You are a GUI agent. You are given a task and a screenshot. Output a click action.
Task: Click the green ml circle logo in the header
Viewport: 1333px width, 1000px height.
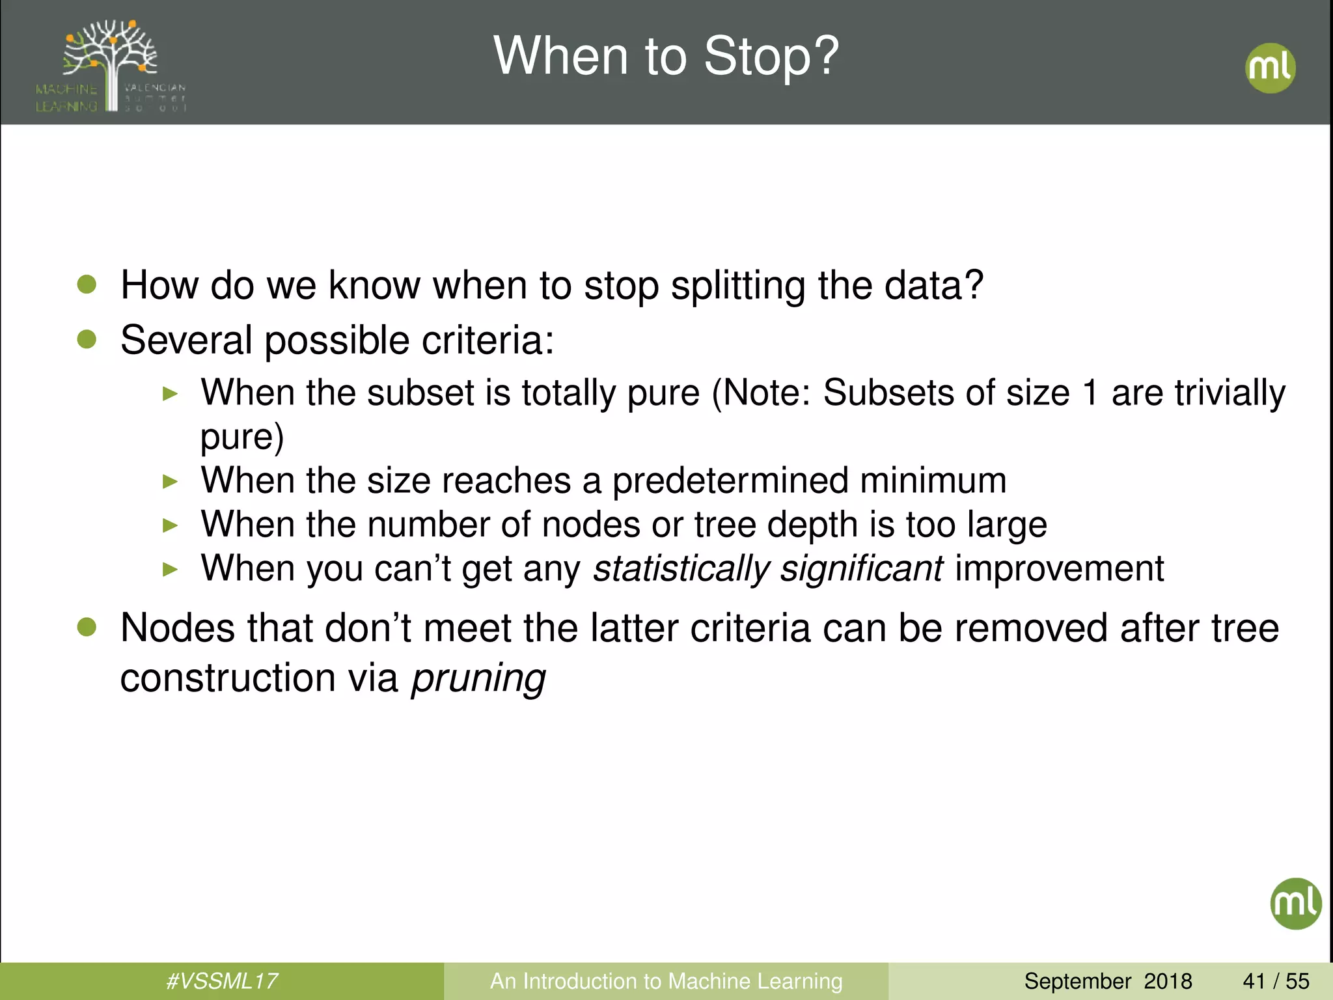point(1270,68)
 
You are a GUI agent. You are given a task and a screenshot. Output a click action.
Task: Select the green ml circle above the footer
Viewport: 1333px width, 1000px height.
point(1295,903)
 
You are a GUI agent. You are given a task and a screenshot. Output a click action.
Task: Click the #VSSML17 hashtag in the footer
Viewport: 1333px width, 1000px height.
point(222,980)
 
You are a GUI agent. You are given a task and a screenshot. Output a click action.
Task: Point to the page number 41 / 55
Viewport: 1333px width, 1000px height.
point(1276,980)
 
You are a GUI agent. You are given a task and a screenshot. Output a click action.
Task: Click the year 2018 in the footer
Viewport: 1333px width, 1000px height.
point(1168,980)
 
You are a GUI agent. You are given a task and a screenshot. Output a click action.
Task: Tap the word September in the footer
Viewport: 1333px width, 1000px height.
point(1077,980)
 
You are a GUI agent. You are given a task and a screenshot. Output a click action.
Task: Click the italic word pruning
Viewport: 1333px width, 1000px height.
point(478,678)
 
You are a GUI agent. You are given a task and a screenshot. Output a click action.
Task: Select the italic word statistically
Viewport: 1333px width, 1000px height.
point(681,568)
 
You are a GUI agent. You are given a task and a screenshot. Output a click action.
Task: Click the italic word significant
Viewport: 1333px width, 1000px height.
point(862,568)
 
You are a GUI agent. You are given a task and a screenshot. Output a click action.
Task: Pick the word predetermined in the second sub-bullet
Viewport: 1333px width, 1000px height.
point(730,480)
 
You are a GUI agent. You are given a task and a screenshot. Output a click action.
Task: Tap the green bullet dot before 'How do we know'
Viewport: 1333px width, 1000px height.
point(87,285)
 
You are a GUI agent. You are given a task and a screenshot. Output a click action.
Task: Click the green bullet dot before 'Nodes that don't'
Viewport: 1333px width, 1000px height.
point(87,627)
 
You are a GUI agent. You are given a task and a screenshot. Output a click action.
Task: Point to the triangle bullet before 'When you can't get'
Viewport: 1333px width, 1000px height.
point(170,570)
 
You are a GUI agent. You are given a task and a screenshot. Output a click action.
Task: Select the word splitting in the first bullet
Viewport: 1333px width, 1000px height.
point(737,286)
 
